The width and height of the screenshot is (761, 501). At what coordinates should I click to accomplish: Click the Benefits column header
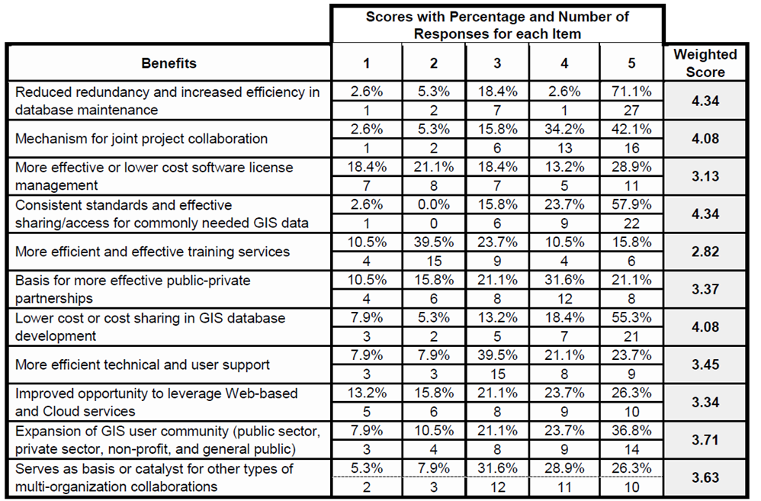click(169, 63)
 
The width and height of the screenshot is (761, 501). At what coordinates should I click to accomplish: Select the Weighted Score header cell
click(705, 63)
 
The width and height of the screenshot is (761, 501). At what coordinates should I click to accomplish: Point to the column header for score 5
click(631, 63)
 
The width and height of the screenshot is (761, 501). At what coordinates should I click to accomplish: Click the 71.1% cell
click(631, 92)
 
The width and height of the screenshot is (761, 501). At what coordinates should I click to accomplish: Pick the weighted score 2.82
click(705, 252)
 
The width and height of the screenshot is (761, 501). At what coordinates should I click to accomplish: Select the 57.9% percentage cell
click(631, 205)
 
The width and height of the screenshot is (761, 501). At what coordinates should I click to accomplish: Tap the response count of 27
click(631, 110)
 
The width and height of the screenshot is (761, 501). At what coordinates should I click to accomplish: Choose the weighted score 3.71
click(705, 441)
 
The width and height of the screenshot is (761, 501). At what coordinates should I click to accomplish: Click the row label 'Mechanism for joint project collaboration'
click(142, 139)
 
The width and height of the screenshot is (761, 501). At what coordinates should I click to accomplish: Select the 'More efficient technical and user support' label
click(143, 365)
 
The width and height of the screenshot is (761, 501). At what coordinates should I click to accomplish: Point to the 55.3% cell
click(631, 318)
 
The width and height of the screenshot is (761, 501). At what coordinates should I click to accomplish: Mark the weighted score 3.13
click(705, 176)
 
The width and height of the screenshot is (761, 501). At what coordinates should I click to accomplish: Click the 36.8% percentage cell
click(631, 432)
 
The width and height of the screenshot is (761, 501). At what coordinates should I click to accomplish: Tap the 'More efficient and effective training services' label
click(152, 252)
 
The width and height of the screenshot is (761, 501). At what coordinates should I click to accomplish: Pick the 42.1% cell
click(631, 130)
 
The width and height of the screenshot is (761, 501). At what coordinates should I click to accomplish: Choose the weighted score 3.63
click(705, 478)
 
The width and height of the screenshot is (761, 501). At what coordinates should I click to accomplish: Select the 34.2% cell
click(564, 130)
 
